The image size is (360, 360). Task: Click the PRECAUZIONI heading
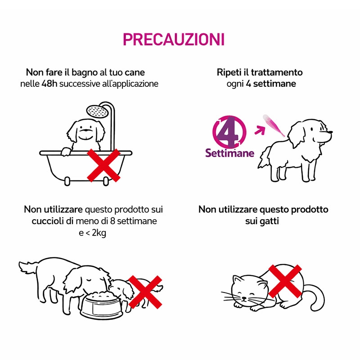[174, 40]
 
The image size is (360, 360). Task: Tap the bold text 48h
[49, 84]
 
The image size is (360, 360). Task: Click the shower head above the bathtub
[97, 111]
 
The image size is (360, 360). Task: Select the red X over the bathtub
[104, 165]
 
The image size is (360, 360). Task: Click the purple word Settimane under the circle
[230, 153]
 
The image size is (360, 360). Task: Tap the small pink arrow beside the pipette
[260, 130]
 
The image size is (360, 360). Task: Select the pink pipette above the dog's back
[274, 125]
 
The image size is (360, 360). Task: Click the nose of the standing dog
[330, 132]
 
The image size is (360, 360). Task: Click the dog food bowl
[102, 306]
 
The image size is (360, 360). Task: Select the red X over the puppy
[145, 292]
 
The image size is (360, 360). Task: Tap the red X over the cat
[285, 281]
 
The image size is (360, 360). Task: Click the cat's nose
[244, 298]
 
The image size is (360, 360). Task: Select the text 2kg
[99, 233]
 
